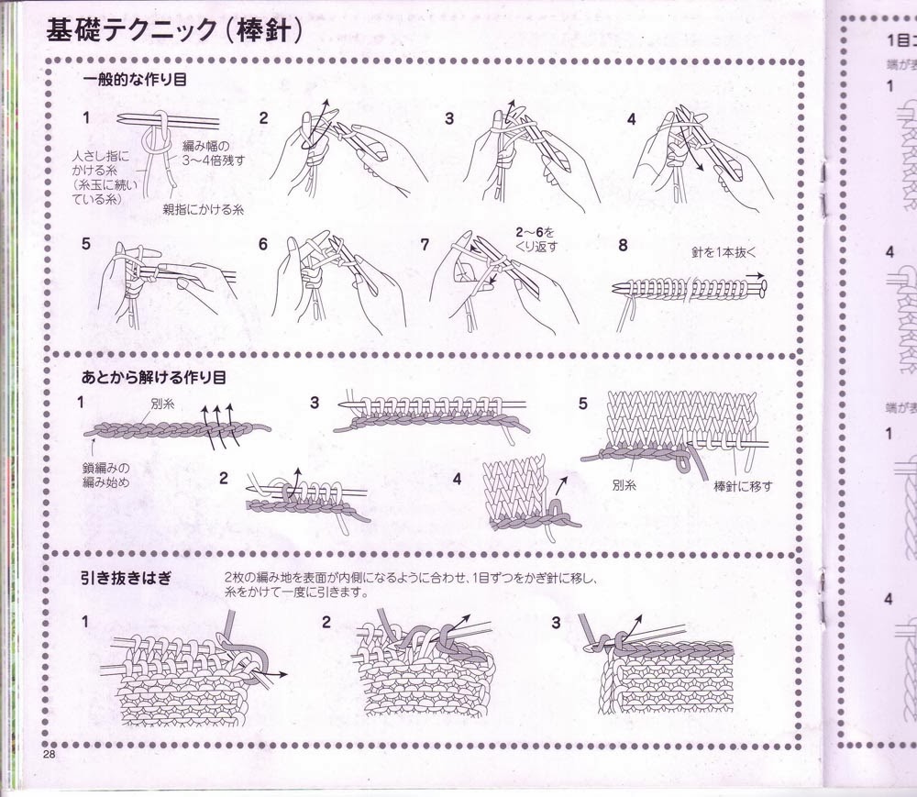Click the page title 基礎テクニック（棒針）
coord(173,33)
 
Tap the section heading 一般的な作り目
coord(134,80)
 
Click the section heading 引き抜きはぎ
coord(127,576)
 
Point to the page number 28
coord(49,753)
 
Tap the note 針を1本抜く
coord(726,251)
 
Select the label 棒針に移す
coord(743,486)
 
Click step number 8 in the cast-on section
coord(624,245)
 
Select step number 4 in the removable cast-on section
coord(457,478)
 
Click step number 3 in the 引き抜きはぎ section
coord(556,622)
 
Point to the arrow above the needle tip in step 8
coord(755,274)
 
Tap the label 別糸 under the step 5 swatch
coord(626,486)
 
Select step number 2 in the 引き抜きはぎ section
coord(326,622)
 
